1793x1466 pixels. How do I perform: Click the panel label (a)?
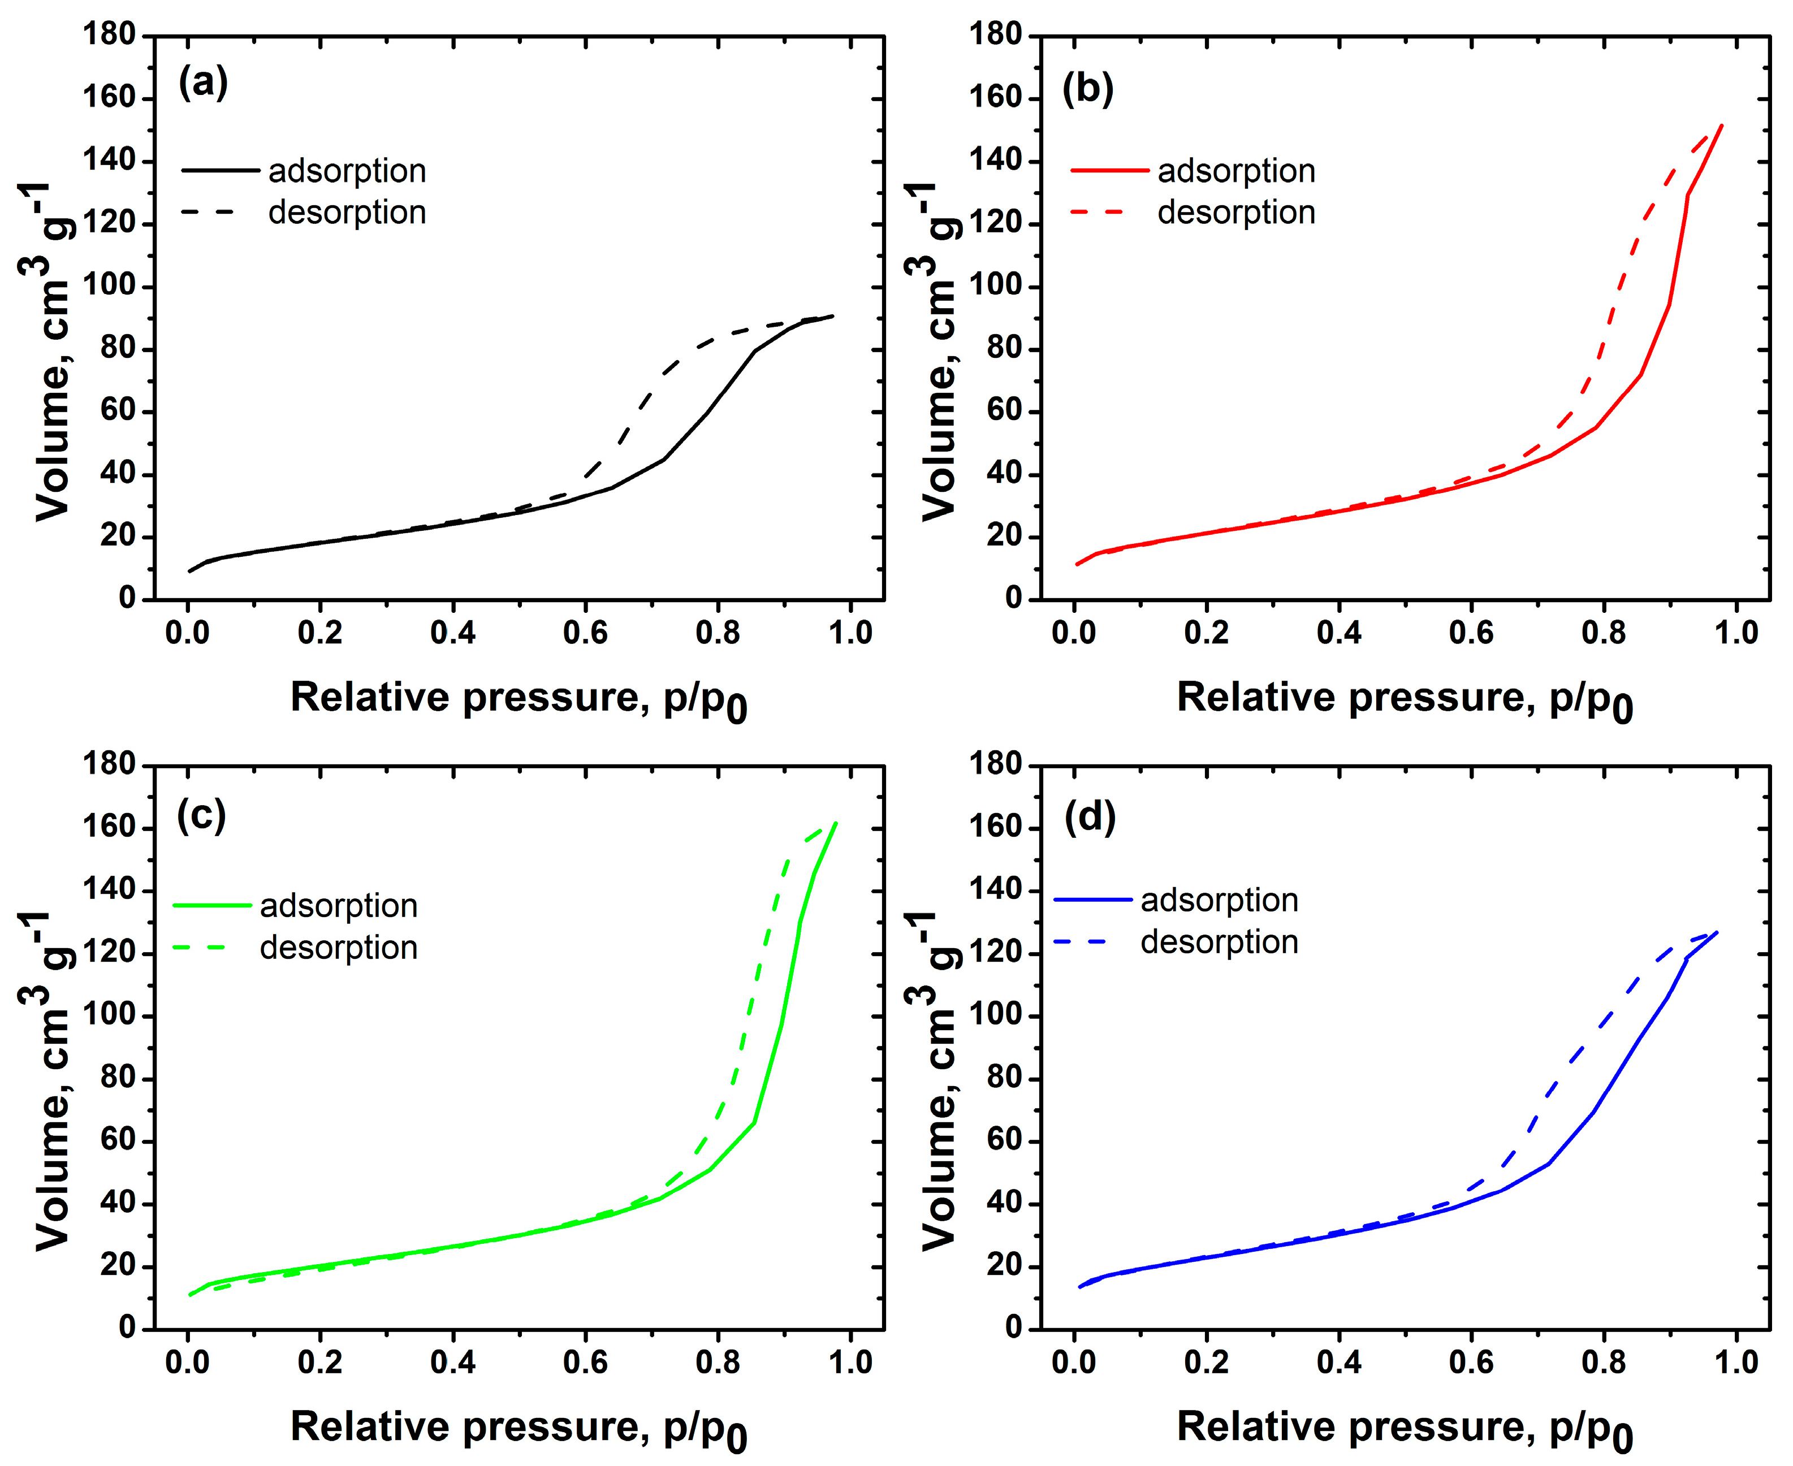(x=202, y=84)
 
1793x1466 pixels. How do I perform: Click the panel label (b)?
(x=1088, y=88)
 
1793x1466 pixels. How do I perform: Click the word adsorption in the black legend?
(x=347, y=171)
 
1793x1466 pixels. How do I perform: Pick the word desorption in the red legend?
(x=1235, y=212)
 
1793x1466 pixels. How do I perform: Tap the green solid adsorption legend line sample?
(x=212, y=905)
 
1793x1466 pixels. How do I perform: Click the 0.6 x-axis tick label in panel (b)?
(x=1471, y=633)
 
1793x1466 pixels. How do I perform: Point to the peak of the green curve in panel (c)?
(x=835, y=823)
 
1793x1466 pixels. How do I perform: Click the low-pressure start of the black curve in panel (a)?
(x=189, y=572)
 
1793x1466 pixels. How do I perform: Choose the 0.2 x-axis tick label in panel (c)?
(x=320, y=1362)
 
